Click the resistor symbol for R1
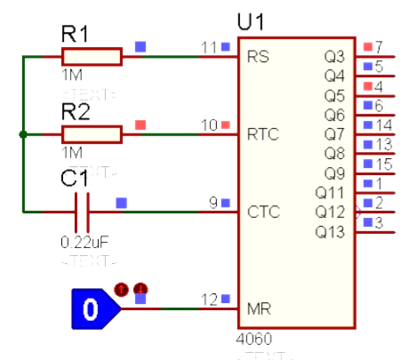(92, 57)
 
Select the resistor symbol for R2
(92, 134)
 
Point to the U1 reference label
(254, 20)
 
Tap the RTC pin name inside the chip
(261, 134)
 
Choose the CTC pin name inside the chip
(261, 212)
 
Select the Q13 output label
(332, 231)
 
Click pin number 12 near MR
(210, 299)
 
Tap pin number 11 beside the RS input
(210, 46)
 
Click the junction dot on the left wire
(22, 135)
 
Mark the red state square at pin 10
(226, 124)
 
